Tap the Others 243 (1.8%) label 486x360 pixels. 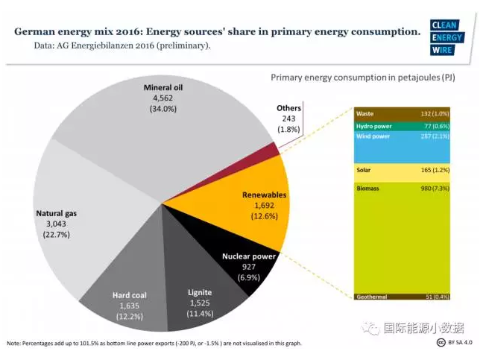tap(288, 119)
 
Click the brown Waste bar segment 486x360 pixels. tap(403, 114)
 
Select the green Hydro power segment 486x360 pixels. tap(403, 126)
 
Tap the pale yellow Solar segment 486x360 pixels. tap(403, 171)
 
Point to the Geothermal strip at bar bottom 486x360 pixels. tap(403, 296)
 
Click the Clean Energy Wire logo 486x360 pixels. tap(446, 37)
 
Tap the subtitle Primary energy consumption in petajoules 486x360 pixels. tap(362, 77)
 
